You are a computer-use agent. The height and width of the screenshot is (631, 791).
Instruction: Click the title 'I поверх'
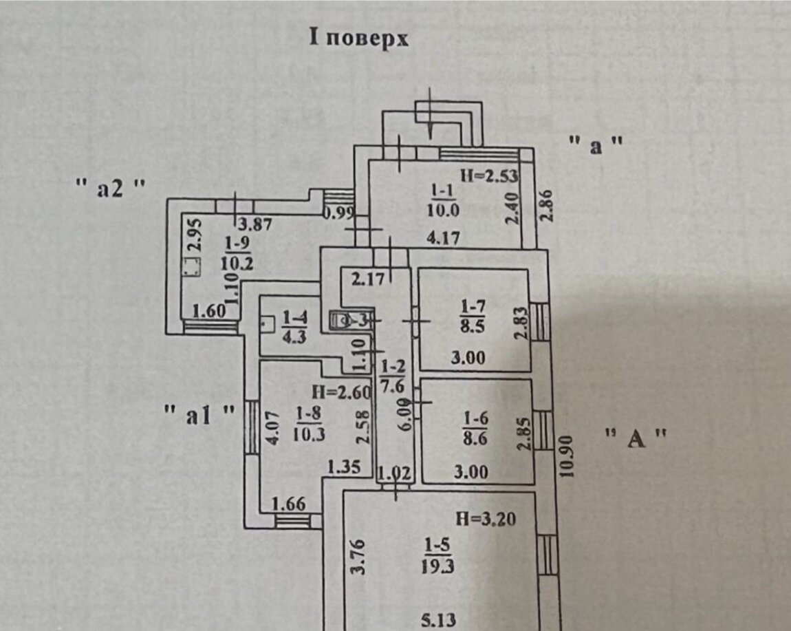358,39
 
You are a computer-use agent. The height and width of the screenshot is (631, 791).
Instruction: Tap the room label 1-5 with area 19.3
436,557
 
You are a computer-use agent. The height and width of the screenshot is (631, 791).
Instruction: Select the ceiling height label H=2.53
488,175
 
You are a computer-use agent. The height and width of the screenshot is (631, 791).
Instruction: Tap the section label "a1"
200,416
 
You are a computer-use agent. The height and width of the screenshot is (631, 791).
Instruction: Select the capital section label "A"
636,438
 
